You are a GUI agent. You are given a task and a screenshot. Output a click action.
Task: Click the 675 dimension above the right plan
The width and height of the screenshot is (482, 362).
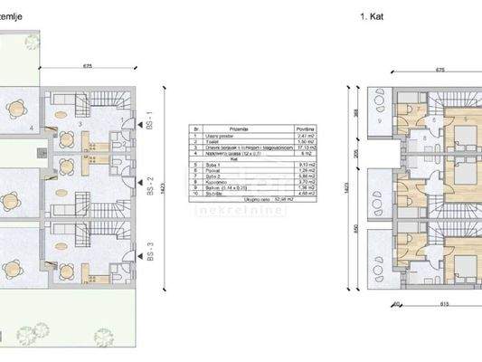440,68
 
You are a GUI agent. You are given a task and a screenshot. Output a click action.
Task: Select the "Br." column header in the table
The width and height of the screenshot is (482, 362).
191,129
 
